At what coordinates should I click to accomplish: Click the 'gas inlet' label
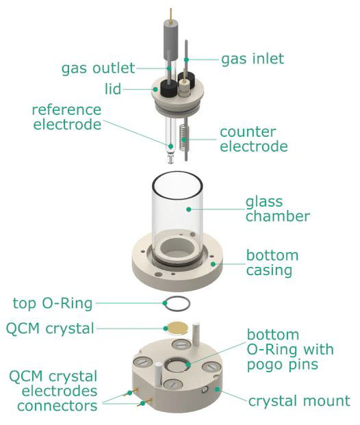[253, 59]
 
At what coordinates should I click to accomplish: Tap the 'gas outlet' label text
[98, 68]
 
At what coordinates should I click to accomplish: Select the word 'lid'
[113, 88]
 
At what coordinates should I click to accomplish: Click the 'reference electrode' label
[67, 117]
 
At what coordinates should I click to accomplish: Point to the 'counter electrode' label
[254, 139]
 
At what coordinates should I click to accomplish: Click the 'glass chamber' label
[278, 209]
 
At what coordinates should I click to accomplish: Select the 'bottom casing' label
[272, 263]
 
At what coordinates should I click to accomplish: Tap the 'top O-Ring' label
[53, 303]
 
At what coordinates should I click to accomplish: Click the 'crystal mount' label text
[299, 400]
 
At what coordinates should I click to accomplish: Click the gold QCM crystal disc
[178, 327]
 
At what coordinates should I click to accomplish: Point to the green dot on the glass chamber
[189, 209]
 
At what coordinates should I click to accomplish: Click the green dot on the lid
[155, 89]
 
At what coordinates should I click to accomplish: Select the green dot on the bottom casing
[214, 263]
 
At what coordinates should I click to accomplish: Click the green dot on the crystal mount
[216, 389]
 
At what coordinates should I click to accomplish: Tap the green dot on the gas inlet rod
[186, 60]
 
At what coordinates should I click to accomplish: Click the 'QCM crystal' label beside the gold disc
[50, 329]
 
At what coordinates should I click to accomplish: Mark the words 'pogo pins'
[283, 365]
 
